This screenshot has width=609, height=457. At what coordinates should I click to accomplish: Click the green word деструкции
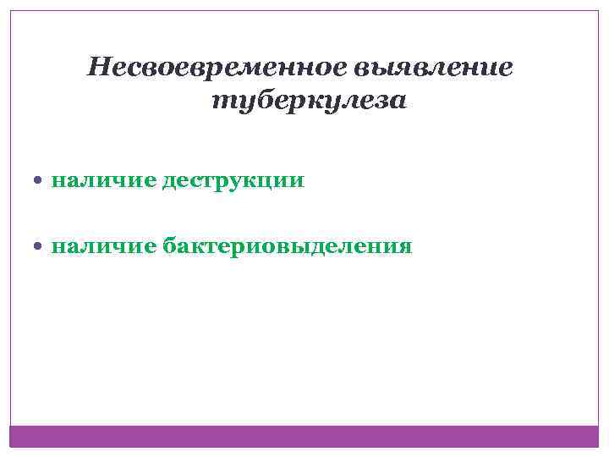pyautogui.click(x=233, y=180)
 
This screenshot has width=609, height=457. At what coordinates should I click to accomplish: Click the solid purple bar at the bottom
pyautogui.click(x=304, y=436)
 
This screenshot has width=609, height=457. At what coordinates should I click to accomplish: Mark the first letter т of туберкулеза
pyautogui.click(x=218, y=102)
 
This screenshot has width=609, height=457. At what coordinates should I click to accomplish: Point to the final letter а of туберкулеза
pyautogui.click(x=398, y=102)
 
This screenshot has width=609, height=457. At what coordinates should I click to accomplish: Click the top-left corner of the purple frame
pyautogui.click(x=10, y=11)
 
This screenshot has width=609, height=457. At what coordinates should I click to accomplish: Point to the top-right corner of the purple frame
pyautogui.click(x=598, y=11)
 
